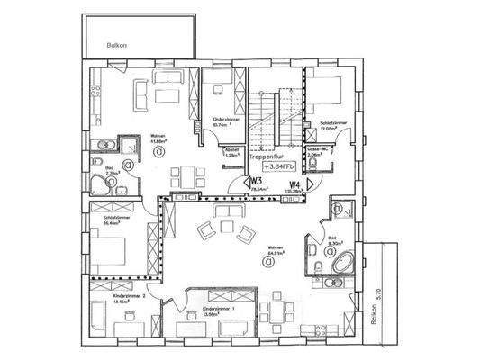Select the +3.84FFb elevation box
(x=278, y=166)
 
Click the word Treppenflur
(x=271, y=156)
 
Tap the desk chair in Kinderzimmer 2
(x=131, y=316)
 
